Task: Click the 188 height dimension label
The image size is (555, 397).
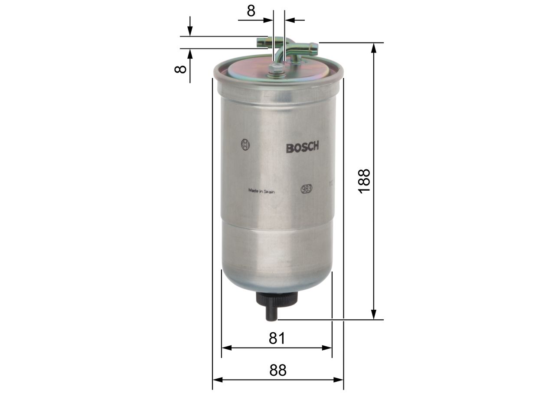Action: [365, 181]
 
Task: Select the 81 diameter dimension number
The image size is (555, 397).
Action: [277, 338]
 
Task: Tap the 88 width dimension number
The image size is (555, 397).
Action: [277, 370]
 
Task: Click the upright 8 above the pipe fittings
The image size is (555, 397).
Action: [251, 10]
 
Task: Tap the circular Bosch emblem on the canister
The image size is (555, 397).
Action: [245, 145]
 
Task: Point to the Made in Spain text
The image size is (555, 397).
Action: [261, 190]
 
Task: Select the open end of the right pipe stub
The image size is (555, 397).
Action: [315, 48]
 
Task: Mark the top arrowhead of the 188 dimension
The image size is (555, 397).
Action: [374, 47]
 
